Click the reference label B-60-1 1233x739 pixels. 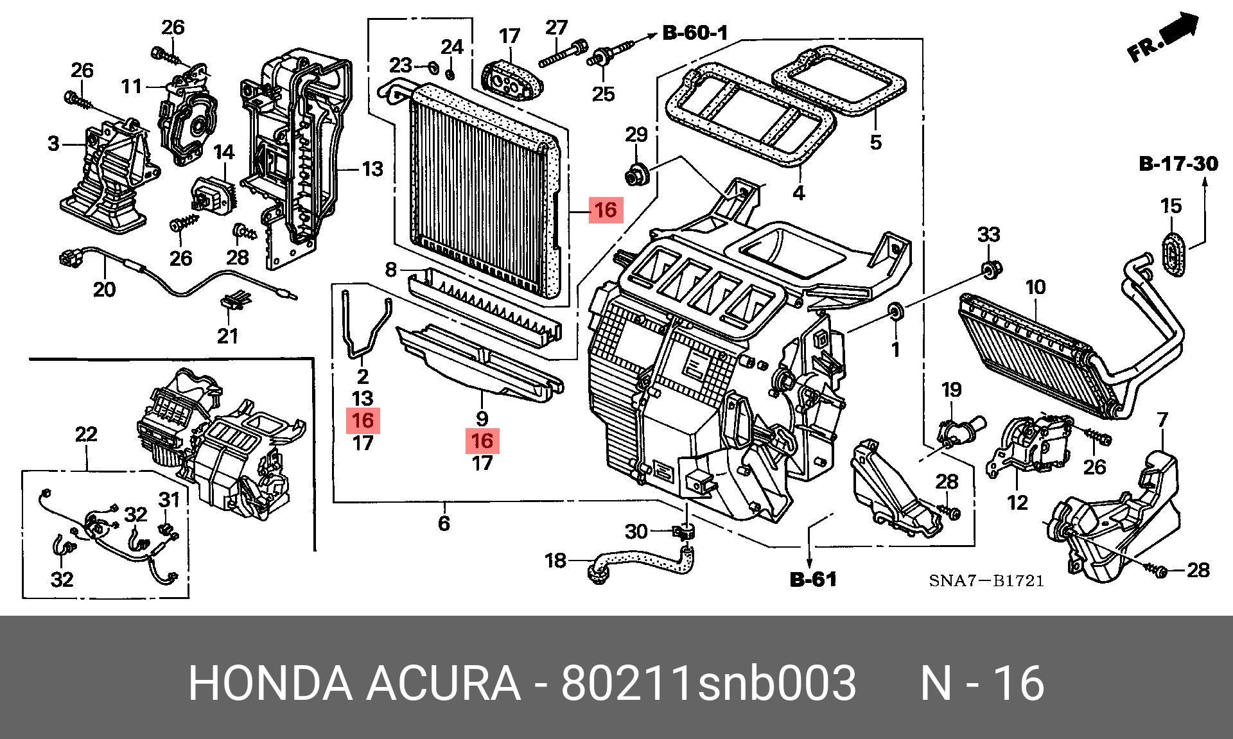point(695,33)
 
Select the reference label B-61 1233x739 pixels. point(813,580)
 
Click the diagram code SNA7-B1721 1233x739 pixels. point(986,581)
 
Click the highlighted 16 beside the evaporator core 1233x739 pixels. point(606,210)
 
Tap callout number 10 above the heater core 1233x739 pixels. point(1035,288)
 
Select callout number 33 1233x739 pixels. point(988,234)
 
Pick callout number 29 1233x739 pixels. point(636,135)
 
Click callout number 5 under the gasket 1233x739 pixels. point(876,142)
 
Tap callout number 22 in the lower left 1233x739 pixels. point(86,435)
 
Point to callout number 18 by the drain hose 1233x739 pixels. point(555,561)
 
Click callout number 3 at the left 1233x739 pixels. point(53,143)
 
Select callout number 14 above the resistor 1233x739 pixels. point(224,153)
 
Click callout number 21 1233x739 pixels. point(227,335)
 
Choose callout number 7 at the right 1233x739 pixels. point(1162,421)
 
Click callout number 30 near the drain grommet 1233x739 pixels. point(636,532)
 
